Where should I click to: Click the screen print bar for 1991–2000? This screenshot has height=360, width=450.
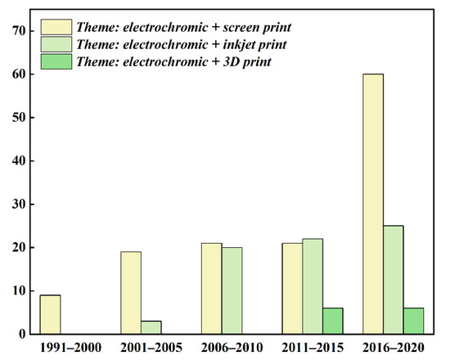coord(49,314)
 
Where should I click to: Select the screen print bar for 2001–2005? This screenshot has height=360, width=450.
coord(131,293)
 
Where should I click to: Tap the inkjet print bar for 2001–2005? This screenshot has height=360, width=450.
coord(151,327)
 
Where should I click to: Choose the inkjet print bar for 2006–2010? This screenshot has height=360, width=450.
coord(232,290)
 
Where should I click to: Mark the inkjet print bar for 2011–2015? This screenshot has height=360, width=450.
coord(312,286)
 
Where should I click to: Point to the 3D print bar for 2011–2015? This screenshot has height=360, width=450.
coord(332,321)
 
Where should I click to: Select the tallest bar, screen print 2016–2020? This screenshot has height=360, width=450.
coord(372,204)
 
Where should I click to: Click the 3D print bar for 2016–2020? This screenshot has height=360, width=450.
coord(412,321)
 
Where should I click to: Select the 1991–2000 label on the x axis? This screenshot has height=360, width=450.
coord(49,349)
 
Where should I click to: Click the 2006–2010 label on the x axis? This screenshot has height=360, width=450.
coord(221,349)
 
